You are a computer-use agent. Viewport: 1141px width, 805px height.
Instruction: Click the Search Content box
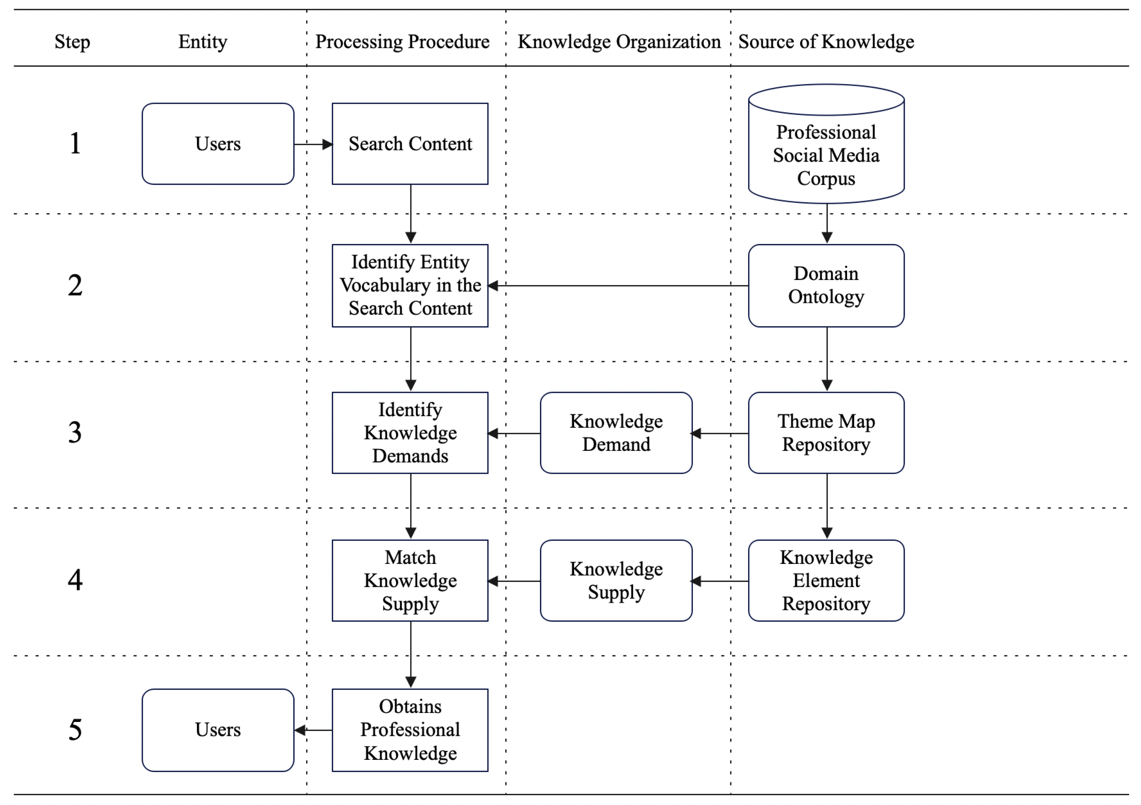tap(410, 144)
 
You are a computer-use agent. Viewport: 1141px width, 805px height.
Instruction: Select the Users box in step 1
tap(217, 144)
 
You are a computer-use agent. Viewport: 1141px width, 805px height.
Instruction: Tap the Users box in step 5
tap(217, 730)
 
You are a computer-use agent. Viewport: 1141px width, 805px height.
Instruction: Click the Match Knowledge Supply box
tap(410, 581)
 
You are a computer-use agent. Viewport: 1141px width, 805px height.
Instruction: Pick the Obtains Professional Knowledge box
tap(410, 730)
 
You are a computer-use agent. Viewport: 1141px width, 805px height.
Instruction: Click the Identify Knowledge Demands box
tap(410, 433)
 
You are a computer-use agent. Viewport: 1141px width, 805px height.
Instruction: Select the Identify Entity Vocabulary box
tap(410, 286)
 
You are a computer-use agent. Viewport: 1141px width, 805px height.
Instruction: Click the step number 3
tap(75, 433)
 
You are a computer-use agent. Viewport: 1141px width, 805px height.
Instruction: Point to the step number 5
tap(75, 730)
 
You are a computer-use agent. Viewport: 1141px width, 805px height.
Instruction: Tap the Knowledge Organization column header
tap(619, 42)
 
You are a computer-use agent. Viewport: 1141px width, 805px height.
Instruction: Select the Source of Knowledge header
tap(826, 42)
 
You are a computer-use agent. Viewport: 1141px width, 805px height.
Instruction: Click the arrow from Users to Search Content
tap(313, 145)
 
